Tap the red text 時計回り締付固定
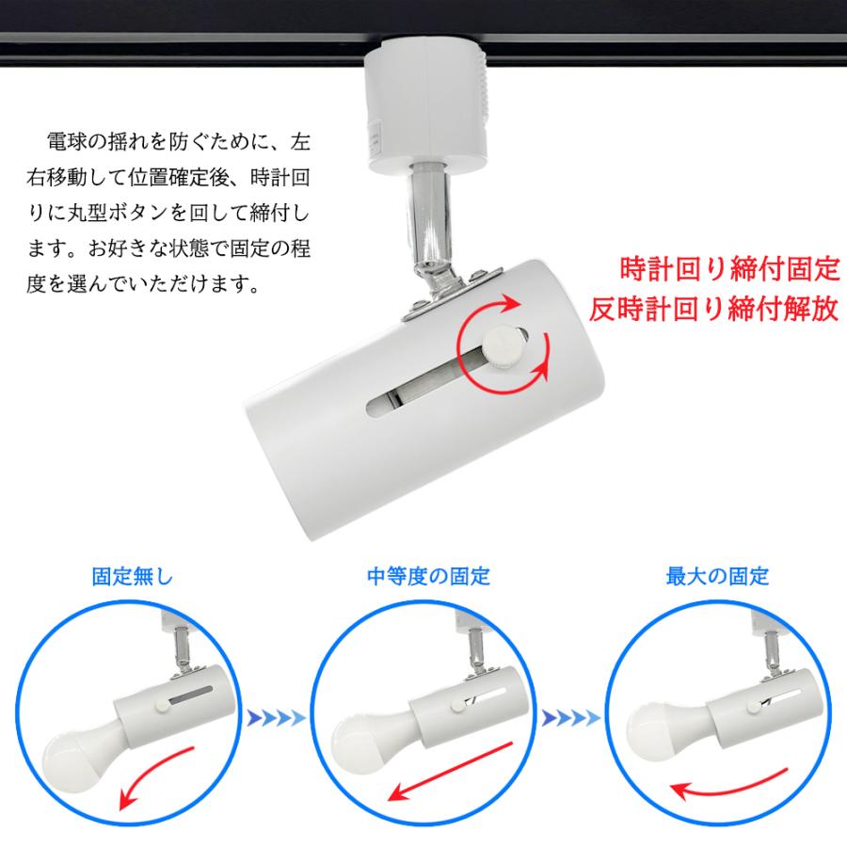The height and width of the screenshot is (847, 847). [x=727, y=270]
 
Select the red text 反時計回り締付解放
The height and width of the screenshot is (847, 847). [x=713, y=311]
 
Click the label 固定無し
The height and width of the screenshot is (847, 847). [x=133, y=577]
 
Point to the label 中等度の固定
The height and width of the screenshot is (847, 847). [x=428, y=577]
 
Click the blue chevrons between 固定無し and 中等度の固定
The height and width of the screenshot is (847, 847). [x=276, y=720]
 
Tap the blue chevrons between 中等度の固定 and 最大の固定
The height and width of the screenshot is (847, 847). [x=570, y=720]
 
